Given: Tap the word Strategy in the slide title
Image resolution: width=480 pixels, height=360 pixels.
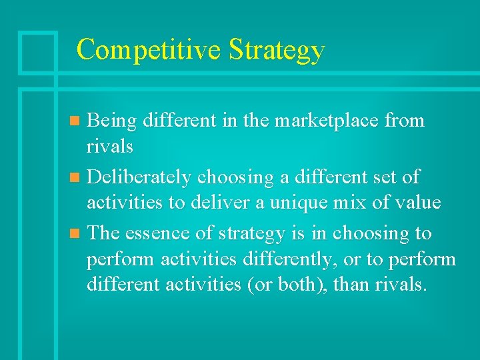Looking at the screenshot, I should coord(276,51).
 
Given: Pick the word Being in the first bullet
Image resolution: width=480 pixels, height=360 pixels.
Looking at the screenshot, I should coord(111,121).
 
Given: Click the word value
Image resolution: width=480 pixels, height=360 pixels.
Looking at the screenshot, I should coord(419,202).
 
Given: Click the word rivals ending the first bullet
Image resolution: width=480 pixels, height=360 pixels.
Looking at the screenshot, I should coord(110,145).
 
